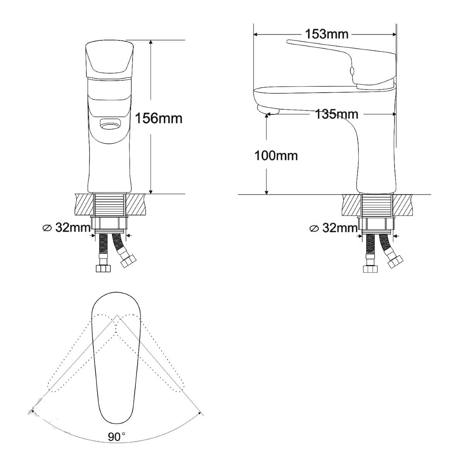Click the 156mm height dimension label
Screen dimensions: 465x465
[x=158, y=119]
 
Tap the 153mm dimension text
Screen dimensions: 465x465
[x=327, y=34]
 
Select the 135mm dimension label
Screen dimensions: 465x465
[x=337, y=114]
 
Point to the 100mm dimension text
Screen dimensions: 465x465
[x=276, y=156]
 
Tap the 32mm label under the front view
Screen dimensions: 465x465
[x=73, y=227]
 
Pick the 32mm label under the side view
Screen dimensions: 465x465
[x=340, y=227]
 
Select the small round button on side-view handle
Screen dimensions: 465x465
[x=351, y=71]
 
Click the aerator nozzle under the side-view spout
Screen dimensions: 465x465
[x=268, y=109]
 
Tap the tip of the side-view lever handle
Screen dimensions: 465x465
[x=287, y=42]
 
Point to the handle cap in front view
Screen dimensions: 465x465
[x=109, y=60]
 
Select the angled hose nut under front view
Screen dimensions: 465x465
[x=129, y=262]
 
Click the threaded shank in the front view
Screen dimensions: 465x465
[x=109, y=205]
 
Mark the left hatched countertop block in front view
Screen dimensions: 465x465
[x=84, y=205]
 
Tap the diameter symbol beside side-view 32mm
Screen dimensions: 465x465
[x=314, y=229]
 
